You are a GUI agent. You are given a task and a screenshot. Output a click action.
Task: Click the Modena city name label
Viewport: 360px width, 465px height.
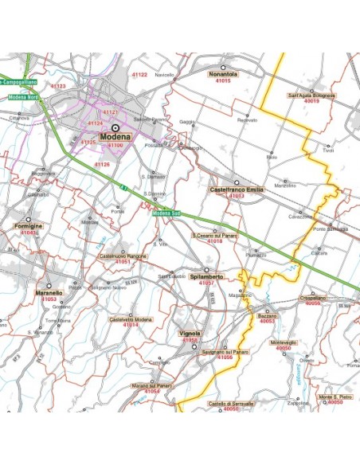[115, 138]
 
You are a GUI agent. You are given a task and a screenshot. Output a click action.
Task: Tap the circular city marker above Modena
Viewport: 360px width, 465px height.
[115, 127]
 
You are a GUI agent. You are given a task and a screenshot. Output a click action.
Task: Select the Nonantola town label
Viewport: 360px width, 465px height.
[224, 74]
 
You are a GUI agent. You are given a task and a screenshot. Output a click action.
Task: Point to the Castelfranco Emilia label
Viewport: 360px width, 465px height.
[236, 190]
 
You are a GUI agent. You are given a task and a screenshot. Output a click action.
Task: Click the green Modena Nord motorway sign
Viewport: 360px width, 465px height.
[23, 97]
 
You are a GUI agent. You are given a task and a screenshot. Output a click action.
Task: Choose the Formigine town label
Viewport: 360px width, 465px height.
[29, 227]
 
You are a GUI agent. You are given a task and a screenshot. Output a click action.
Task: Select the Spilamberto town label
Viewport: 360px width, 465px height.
[206, 276]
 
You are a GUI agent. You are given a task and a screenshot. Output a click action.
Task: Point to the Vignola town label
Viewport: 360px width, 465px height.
[190, 334]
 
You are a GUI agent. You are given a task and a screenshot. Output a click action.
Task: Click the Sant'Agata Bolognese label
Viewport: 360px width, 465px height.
[312, 96]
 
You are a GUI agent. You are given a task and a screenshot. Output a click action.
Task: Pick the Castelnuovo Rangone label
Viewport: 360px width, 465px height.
[122, 256]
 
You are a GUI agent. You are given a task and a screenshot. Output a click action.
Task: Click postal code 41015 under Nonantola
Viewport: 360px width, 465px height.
[224, 80]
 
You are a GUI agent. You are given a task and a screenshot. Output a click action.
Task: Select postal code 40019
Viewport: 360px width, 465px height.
[311, 102]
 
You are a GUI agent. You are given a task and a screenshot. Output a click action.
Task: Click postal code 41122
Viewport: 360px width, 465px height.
[139, 74]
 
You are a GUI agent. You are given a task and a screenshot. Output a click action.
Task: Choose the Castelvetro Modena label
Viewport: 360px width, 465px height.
[131, 318]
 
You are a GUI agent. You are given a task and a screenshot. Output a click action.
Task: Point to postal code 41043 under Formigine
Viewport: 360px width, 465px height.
[29, 232]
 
